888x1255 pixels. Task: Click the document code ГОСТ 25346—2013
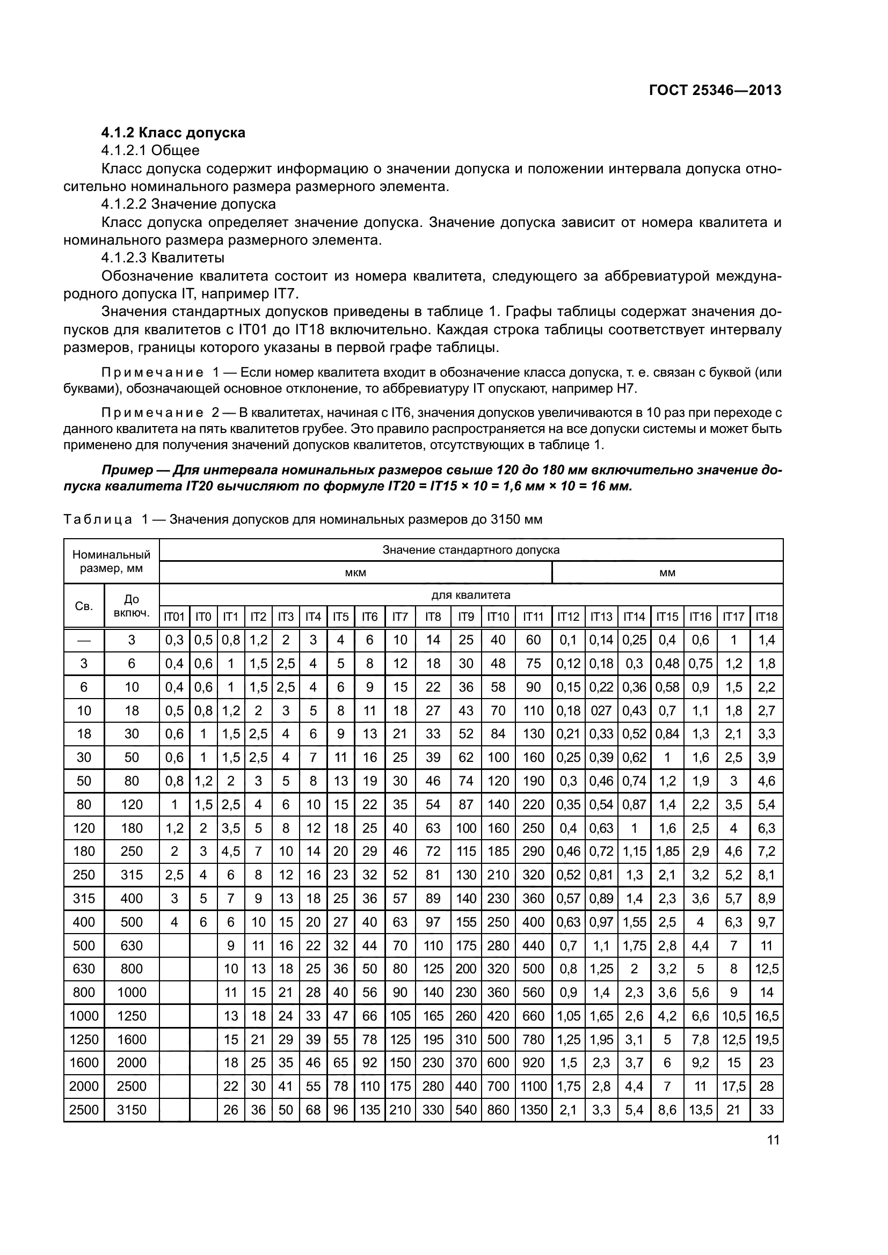pos(715,90)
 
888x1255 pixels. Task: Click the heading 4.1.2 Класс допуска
pos(173,133)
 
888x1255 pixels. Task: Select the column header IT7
pos(400,617)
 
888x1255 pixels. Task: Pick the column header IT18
pos(766,617)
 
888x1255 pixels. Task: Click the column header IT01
pos(174,617)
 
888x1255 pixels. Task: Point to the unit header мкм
pos(355,573)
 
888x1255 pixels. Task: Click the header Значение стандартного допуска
pos(471,549)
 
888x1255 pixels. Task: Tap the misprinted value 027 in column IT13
pos(601,710)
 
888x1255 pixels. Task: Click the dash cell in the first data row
pos(84,640)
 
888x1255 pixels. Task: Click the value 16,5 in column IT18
pos(766,1016)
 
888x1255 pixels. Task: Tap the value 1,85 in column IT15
pos(667,851)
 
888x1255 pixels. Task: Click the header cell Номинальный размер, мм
pos(111,561)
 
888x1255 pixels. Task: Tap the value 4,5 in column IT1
pos(230,851)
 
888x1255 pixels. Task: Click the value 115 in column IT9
pos(466,851)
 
